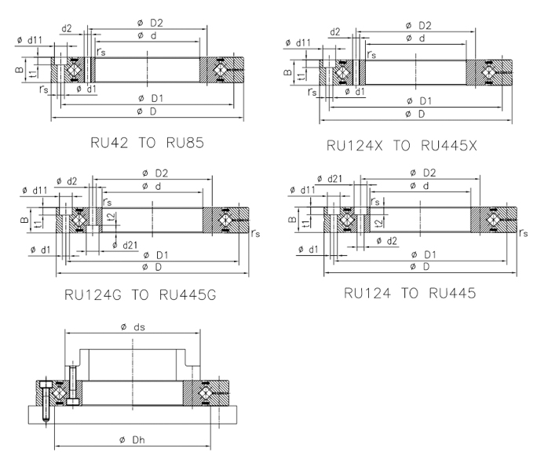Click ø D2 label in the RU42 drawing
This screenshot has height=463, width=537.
click(148, 24)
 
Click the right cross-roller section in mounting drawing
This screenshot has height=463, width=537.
click(206, 393)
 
